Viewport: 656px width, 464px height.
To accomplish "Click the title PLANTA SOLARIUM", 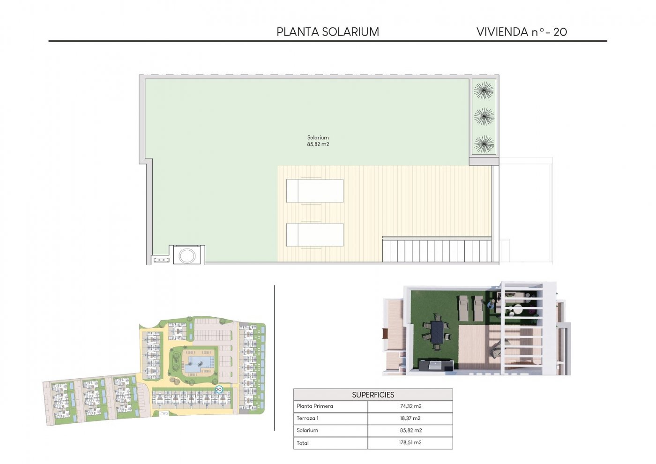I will click(328, 32).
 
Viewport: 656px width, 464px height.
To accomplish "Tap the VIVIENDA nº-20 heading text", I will click(521, 32).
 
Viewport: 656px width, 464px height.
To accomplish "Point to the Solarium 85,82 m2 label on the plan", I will click(318, 141).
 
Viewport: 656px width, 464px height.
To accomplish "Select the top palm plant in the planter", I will click(484, 90).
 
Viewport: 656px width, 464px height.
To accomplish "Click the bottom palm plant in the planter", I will click(484, 144).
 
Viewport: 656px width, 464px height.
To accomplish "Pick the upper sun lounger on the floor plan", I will click(314, 191).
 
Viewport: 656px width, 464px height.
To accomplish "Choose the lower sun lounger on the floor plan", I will click(314, 235).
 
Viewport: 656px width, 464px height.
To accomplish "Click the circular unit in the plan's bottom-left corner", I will click(187, 255).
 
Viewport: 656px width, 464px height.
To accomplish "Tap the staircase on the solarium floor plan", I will click(437, 250).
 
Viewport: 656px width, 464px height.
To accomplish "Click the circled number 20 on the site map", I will click(218, 389).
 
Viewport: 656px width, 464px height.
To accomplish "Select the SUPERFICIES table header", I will click(373, 395).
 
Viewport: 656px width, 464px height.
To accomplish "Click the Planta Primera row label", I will click(315, 406).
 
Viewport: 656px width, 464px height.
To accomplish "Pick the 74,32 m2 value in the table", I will click(410, 406).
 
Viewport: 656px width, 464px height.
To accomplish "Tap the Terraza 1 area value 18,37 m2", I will click(410, 418).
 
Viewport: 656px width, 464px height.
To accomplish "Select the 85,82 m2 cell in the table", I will click(410, 430).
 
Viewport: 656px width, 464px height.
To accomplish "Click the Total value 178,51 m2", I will click(410, 442).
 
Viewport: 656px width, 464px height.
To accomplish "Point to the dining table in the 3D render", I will click(437, 332).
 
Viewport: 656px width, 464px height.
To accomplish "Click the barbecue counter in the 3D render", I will click(436, 365).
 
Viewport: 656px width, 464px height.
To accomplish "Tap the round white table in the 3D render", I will click(517, 309).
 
